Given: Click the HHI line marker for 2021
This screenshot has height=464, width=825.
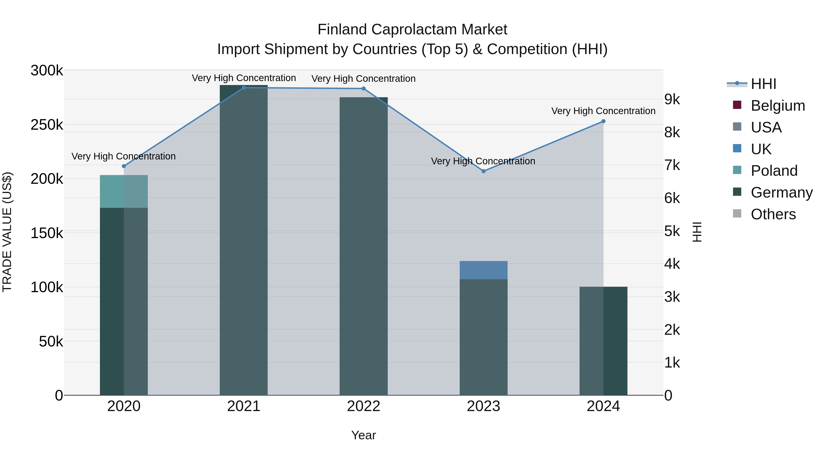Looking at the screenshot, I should click(244, 88).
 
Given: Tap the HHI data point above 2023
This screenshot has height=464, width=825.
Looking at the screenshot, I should click(484, 171).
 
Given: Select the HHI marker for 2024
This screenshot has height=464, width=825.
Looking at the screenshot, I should click(603, 121).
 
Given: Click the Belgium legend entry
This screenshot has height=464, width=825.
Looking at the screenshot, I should click(778, 106).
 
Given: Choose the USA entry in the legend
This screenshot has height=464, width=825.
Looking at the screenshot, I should click(766, 127).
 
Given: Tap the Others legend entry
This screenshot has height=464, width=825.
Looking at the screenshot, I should click(773, 214).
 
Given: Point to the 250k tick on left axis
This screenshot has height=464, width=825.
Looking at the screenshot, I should click(47, 125).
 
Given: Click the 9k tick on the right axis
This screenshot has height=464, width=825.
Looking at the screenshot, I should click(672, 100).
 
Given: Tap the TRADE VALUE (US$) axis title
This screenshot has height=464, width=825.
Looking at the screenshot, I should click(7, 232).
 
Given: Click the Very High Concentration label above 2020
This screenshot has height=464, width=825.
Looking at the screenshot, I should click(124, 156).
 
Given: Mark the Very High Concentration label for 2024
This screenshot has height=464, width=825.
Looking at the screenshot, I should click(603, 111).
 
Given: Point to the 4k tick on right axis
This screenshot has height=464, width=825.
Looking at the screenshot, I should click(672, 264).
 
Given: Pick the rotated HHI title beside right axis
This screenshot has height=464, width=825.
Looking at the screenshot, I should click(697, 232).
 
